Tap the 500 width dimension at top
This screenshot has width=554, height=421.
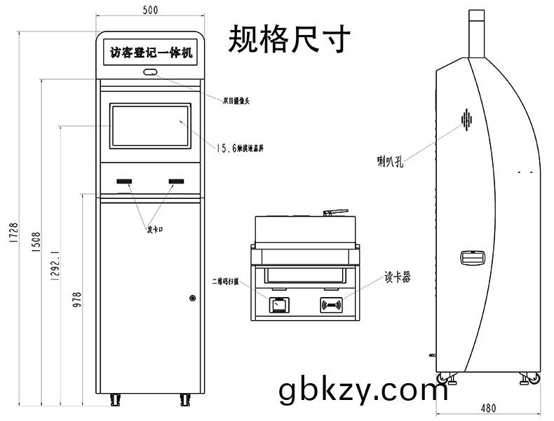tap(149, 10)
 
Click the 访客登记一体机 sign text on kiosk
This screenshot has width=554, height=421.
tap(150, 53)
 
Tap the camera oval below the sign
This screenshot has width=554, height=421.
tap(150, 72)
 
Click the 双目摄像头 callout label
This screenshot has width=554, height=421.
tap(236, 100)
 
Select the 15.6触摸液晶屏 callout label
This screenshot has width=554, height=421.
tap(241, 148)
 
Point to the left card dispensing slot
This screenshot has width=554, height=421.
tap(125, 182)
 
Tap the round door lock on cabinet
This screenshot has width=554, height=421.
tap(192, 298)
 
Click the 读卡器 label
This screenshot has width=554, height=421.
tap(396, 277)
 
